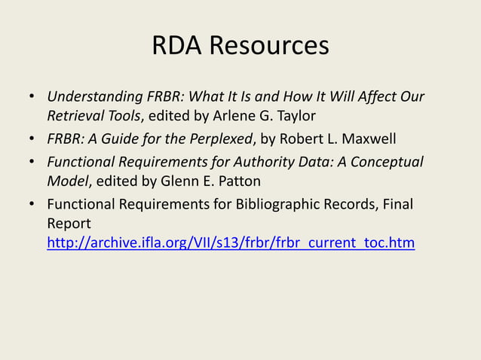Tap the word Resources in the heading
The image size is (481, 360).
(x=268, y=47)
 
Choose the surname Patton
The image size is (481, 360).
(x=238, y=181)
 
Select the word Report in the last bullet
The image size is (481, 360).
(x=69, y=224)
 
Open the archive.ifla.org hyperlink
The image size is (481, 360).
(x=231, y=243)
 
